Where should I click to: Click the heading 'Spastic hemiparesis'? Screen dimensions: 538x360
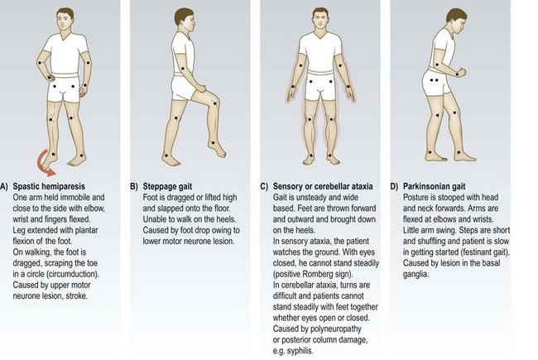click(49, 186)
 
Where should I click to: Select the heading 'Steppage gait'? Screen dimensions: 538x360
click(167, 186)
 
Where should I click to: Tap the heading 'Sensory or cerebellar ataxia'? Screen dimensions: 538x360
click(323, 186)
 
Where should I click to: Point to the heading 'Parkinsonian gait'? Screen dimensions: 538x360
click(434, 186)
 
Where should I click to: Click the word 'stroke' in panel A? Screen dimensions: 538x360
click(76, 295)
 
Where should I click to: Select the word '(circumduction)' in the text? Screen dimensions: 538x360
click(77, 274)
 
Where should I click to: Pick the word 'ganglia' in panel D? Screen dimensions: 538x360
click(416, 274)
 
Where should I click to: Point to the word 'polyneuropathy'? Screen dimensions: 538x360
click(335, 329)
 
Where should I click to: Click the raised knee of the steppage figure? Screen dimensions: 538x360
click(215, 102)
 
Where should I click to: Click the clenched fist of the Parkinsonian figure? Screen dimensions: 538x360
click(461, 73)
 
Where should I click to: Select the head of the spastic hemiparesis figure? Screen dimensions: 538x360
click(65, 20)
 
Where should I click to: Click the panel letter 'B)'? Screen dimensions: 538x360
click(134, 186)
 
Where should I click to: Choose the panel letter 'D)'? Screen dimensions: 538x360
click(394, 186)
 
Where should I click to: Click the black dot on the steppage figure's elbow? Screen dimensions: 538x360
click(183, 69)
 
